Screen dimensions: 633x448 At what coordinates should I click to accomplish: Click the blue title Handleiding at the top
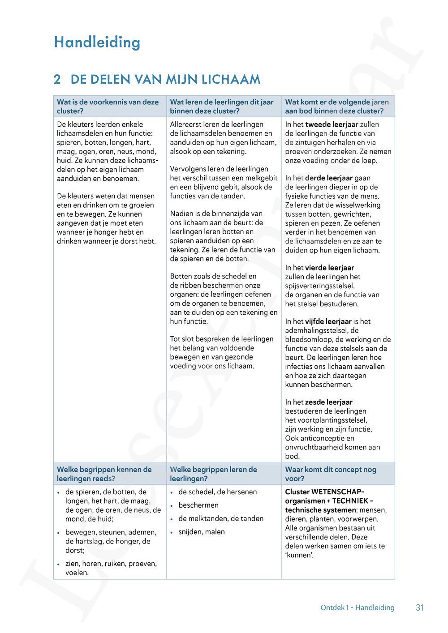click(x=97, y=43)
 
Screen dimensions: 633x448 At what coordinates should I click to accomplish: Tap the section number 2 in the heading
click(x=57, y=80)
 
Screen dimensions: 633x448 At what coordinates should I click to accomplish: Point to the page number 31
click(x=420, y=607)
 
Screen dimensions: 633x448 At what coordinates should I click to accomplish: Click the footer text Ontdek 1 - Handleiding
click(x=357, y=607)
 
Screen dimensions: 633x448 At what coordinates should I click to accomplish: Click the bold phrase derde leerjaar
click(x=329, y=178)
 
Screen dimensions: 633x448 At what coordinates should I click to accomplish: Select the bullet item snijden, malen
click(x=202, y=532)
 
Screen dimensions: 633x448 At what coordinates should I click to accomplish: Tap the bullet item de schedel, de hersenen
click(x=217, y=492)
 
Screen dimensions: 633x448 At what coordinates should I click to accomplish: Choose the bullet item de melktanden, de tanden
click(x=221, y=518)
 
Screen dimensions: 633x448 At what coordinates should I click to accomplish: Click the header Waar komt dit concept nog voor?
click(x=331, y=474)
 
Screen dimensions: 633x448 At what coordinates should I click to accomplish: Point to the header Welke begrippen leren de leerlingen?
click(x=213, y=474)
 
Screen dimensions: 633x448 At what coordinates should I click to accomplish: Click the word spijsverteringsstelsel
click(x=320, y=286)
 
